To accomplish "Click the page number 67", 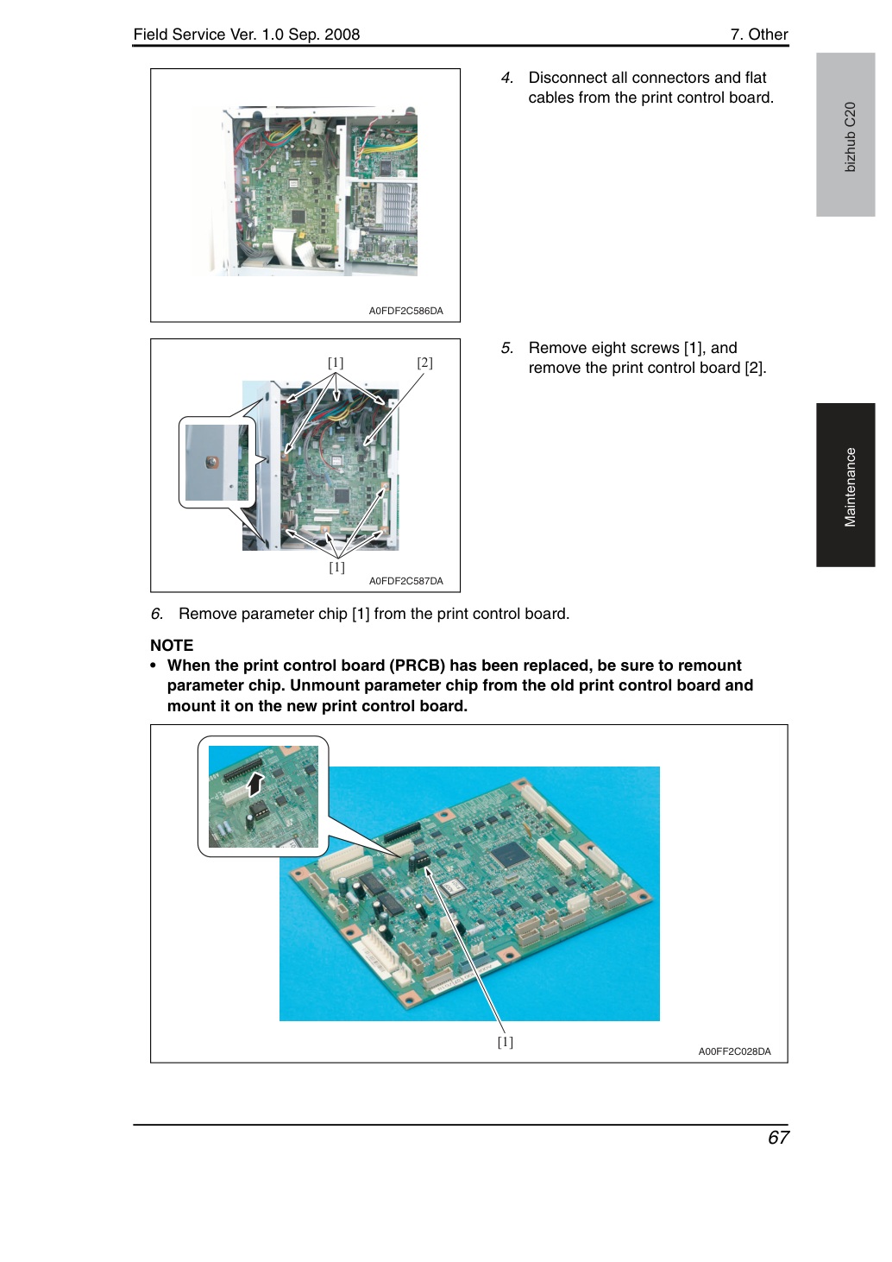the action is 778,1138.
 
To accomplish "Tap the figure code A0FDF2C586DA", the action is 406,311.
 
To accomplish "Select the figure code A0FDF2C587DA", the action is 406,581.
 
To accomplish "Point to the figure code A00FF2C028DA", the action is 734,1051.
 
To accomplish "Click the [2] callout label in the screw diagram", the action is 424,363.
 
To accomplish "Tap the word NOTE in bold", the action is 172,645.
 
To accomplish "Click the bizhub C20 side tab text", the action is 850,137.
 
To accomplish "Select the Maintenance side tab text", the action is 850,488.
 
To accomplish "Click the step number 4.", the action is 507,78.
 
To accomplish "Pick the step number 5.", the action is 507,348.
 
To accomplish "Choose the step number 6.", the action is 157,614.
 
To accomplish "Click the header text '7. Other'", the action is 759,35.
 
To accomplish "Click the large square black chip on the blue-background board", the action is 510,856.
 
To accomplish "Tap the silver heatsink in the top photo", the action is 396,206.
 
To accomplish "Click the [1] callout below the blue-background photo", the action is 506,1042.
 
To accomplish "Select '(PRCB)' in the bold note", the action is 418,666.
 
